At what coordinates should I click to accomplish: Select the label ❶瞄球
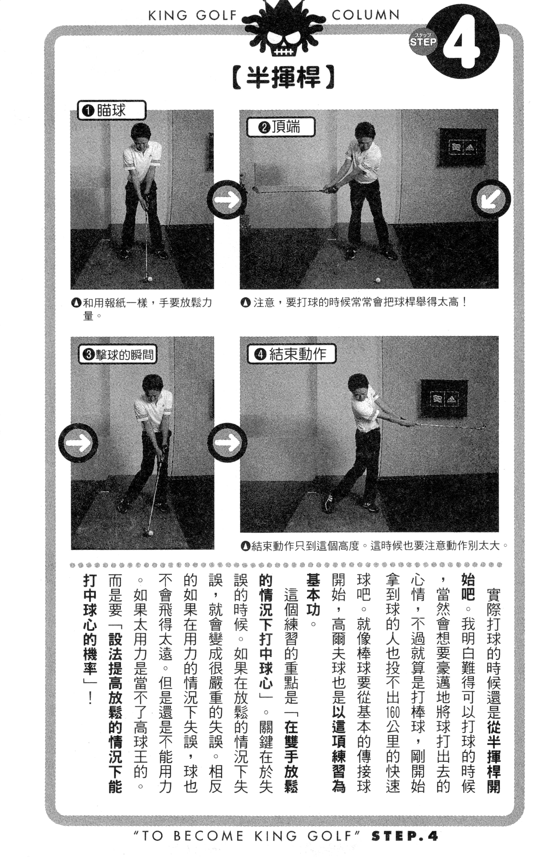click(111, 110)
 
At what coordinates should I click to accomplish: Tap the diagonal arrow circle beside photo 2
click(492, 199)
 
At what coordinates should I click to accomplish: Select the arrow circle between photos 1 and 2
click(227, 199)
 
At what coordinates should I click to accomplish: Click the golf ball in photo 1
click(150, 279)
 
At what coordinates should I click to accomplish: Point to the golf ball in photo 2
click(378, 280)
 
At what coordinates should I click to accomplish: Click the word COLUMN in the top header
click(365, 15)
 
